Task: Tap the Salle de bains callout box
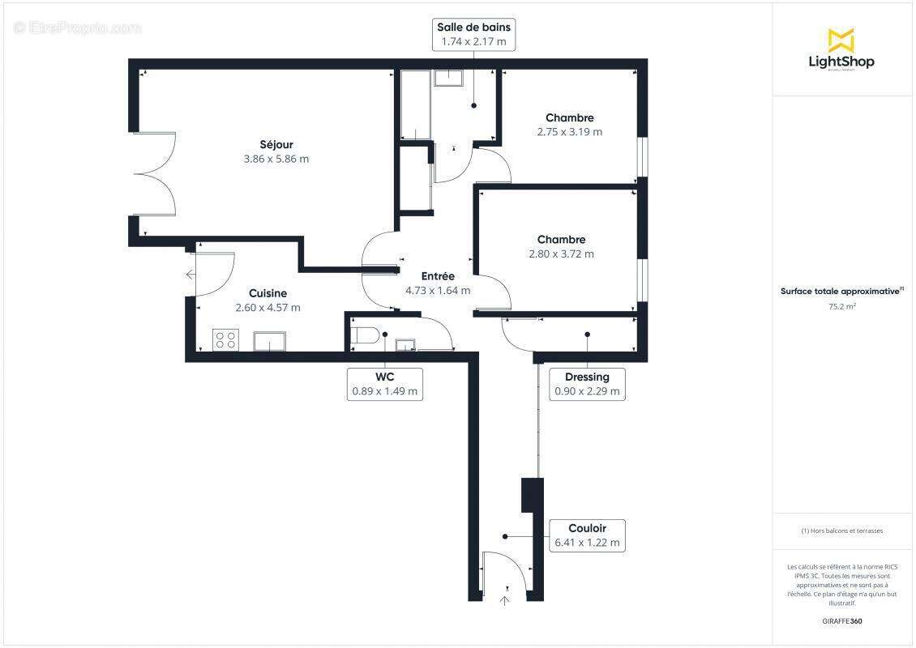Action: [x=473, y=34]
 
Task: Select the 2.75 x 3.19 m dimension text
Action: [x=569, y=132]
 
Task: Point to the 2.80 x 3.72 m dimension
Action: [x=561, y=254]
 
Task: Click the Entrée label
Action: [x=437, y=276]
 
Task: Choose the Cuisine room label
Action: [x=268, y=293]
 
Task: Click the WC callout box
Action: [x=384, y=384]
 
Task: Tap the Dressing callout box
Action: [x=587, y=384]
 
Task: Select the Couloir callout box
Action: [x=587, y=535]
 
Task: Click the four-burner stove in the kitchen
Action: [x=225, y=340]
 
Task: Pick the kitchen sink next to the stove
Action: [x=269, y=341]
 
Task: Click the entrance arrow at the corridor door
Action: [x=506, y=600]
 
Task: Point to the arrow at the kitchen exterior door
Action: [x=190, y=275]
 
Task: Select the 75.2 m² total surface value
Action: [x=842, y=307]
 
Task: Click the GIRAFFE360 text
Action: [x=842, y=621]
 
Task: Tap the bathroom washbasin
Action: [x=447, y=78]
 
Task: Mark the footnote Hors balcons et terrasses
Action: [x=842, y=531]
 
